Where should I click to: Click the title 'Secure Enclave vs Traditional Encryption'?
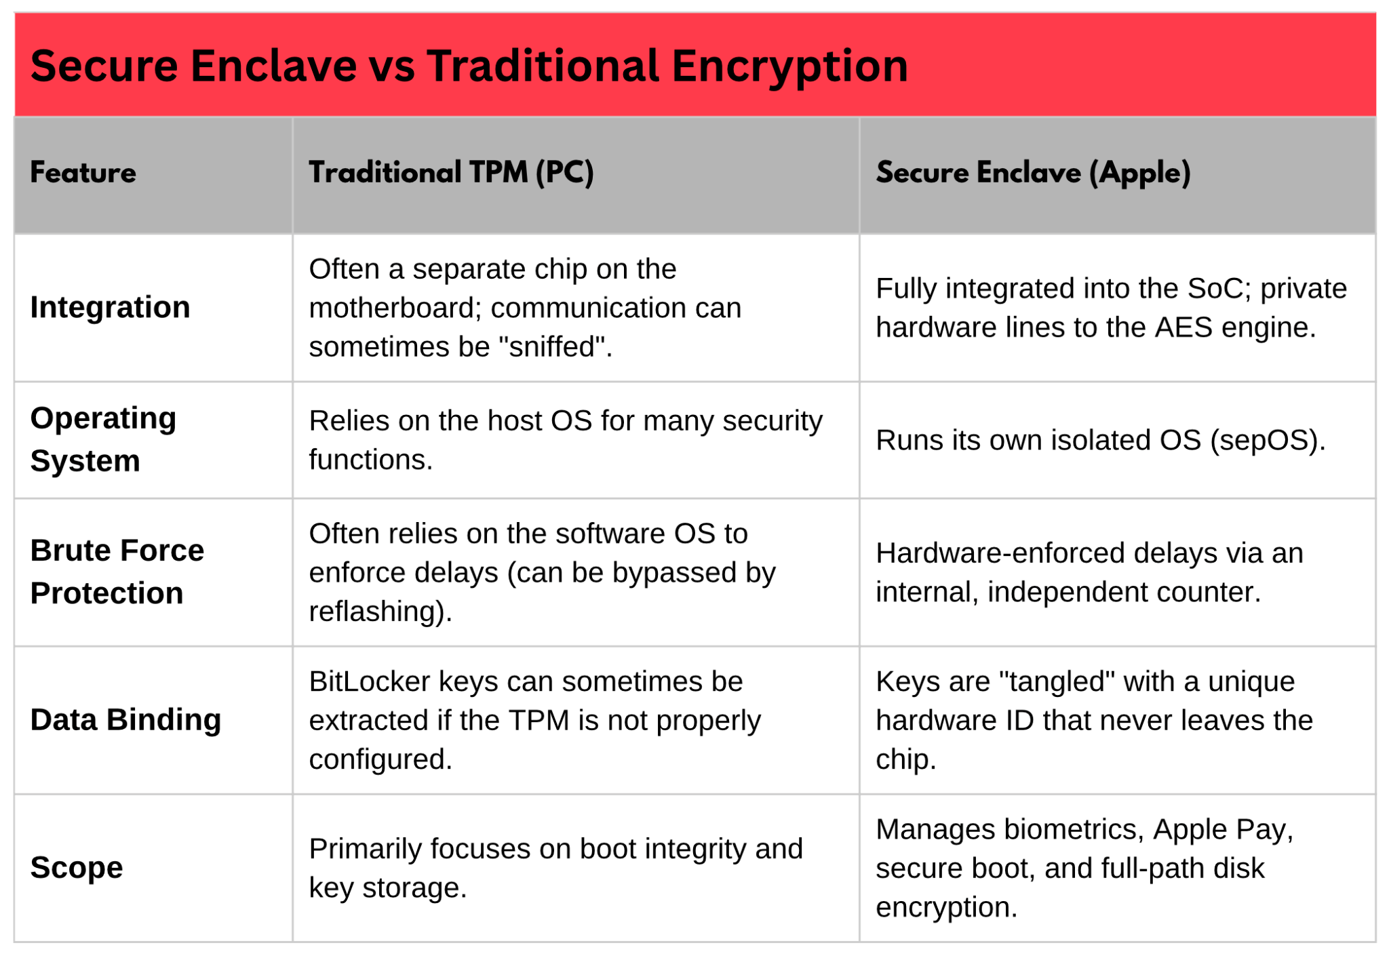[x=469, y=66]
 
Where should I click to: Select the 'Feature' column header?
[x=83, y=173]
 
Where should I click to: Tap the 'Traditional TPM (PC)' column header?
[x=451, y=173]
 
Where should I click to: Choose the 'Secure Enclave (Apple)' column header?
[x=1033, y=173]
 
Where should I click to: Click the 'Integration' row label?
[x=110, y=308]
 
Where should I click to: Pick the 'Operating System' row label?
[x=103, y=439]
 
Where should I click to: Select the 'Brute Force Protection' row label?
[x=117, y=572]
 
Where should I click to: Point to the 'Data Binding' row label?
[x=125, y=720]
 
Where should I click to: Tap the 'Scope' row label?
[x=77, y=868]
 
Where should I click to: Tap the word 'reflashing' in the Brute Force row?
[x=376, y=612]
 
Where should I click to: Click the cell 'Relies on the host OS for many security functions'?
[x=566, y=441]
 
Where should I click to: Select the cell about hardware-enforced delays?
[x=1089, y=573]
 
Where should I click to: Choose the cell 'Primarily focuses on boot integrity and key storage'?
[x=556, y=869]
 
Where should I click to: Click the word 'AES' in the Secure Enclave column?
[x=1183, y=328]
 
